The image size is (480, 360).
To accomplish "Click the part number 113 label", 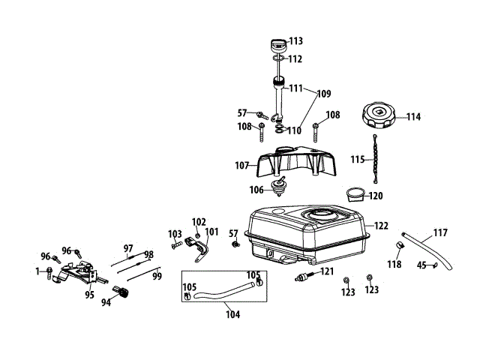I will [295, 40].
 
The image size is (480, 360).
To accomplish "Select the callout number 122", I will [382, 226].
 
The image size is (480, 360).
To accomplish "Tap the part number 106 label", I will [256, 190].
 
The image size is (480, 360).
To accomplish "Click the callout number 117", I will [440, 232].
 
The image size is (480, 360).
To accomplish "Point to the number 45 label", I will [421, 264].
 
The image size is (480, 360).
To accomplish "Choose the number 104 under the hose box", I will [232, 314].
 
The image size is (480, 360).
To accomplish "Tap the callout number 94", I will [106, 302].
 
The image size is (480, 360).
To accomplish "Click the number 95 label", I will [89, 295].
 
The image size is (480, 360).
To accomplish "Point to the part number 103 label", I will [175, 233].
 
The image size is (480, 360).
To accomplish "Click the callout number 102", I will [199, 221].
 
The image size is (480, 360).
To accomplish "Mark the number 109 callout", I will [323, 94].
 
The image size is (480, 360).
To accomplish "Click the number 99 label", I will [157, 276].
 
